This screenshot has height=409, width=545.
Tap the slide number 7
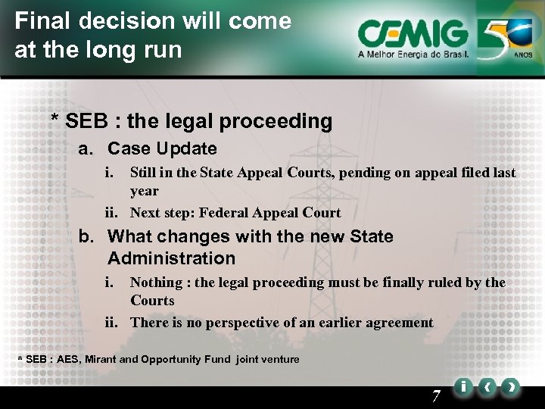click(436, 396)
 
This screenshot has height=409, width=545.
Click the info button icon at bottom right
click(462, 388)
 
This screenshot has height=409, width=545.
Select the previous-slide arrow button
click(487, 388)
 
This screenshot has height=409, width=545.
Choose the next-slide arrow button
click(512, 388)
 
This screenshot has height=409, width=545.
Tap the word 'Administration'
click(171, 258)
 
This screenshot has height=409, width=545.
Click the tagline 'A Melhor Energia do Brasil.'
click(413, 55)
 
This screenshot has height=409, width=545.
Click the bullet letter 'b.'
click(88, 236)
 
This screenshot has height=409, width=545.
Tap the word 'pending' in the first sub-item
click(365, 173)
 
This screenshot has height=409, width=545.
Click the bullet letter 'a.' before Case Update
click(88, 148)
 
